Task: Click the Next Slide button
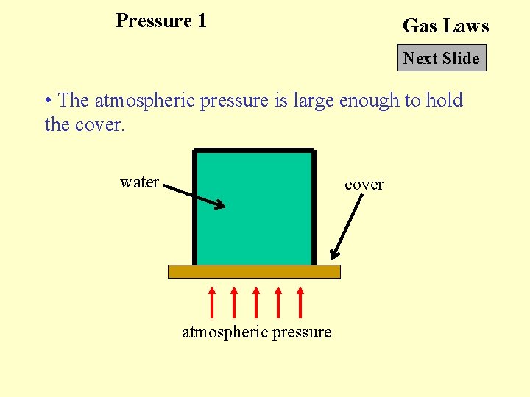pos(442,58)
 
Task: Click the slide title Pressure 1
pos(161,21)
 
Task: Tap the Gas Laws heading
pos(445,26)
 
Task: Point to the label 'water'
pos(140,182)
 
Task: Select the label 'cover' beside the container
pos(364,185)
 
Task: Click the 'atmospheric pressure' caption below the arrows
pos(256,332)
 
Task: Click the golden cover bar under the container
pos(254,271)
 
